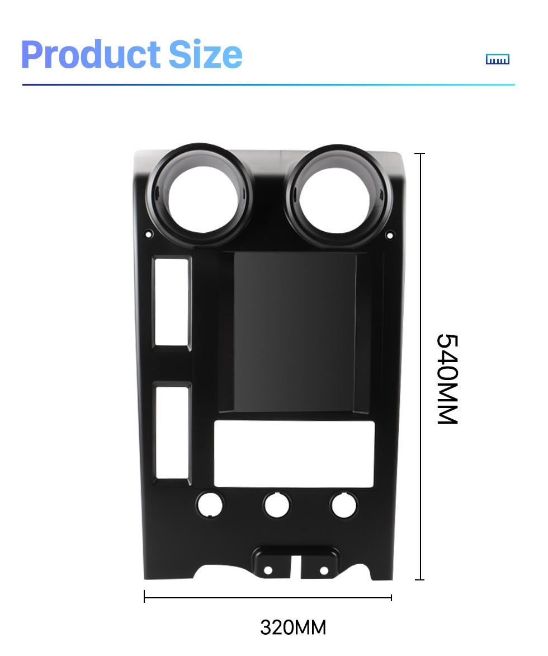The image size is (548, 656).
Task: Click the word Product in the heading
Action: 91,54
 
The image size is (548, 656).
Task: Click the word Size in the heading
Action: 206,54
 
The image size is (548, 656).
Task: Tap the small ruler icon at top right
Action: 498,59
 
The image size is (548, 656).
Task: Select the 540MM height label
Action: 447,379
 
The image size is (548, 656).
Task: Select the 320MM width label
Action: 293,627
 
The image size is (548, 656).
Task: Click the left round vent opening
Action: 201,195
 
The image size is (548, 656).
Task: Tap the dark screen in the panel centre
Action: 295,332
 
